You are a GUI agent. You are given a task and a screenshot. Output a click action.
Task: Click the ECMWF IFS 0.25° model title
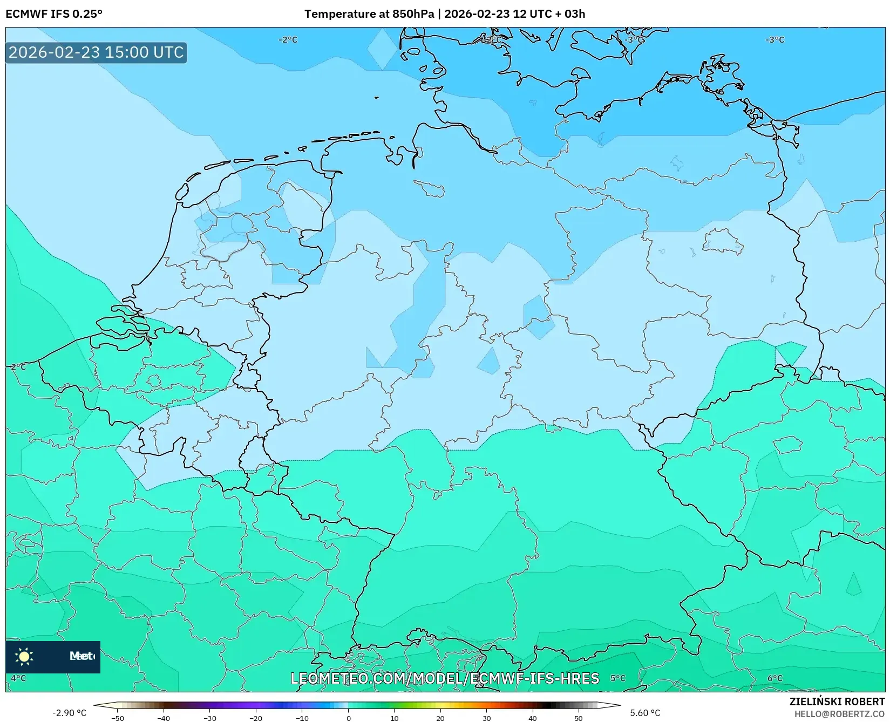(x=54, y=14)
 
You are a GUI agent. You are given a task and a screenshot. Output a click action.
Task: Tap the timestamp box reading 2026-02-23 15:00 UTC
(x=96, y=52)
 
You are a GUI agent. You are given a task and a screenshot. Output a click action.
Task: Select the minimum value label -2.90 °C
(x=69, y=713)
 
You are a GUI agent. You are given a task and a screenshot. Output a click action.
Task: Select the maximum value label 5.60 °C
(x=645, y=713)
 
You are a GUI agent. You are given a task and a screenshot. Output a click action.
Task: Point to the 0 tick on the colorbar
(x=348, y=718)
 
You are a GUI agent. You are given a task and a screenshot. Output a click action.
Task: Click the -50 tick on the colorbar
(x=118, y=718)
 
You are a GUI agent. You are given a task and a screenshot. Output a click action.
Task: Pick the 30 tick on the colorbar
(x=486, y=718)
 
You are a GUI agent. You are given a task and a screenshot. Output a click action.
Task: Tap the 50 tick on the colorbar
(x=579, y=718)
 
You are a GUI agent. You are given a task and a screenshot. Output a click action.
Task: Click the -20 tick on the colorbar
(x=256, y=718)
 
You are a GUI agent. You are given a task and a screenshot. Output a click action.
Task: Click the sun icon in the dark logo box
(x=24, y=656)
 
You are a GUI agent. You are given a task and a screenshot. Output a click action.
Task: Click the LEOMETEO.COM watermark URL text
(x=445, y=678)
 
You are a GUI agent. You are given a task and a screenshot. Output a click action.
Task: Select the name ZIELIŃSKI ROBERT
(x=837, y=701)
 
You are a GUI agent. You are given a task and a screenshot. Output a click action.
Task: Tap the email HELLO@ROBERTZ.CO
(x=839, y=713)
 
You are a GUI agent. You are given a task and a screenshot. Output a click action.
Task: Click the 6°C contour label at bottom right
(x=775, y=678)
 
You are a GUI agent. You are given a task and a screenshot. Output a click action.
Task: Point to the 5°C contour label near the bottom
(x=618, y=678)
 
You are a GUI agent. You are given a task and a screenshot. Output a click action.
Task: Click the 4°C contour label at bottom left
(x=18, y=678)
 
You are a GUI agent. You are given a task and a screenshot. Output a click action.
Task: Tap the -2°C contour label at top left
(x=288, y=40)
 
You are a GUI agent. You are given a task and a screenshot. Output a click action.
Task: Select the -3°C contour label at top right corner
(x=775, y=40)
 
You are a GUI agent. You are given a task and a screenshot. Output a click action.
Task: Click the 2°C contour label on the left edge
(x=18, y=366)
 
